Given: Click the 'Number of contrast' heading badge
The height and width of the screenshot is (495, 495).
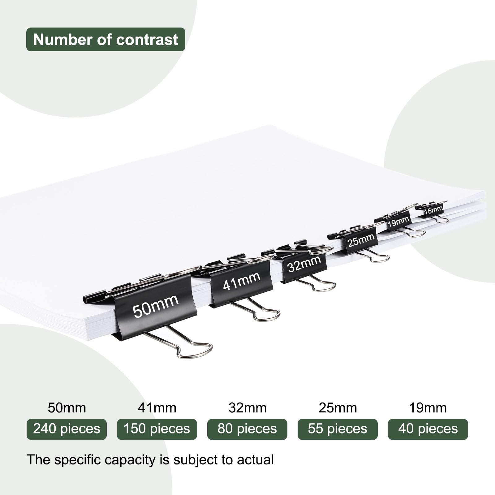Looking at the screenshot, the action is coord(106,39).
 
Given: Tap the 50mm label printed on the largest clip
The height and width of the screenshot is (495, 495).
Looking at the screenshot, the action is coord(156,306).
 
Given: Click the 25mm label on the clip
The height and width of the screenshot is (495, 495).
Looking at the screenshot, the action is coord(361,240).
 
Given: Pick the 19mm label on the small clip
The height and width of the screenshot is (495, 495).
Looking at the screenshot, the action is coord(398,222).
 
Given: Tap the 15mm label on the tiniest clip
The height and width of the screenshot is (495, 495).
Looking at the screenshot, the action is coord(433,211).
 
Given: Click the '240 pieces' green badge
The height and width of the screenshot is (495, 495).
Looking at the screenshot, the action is coord(67,429).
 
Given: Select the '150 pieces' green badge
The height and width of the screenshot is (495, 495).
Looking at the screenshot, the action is coord(157,429).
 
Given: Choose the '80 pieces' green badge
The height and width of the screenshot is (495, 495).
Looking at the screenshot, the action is coord(247,429).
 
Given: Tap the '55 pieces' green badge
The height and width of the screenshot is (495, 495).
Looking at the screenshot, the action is coord(338,429).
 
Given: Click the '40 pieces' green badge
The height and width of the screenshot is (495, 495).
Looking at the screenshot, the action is coord(428,429).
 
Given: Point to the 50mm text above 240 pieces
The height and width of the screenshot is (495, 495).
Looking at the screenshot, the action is coord(67,408).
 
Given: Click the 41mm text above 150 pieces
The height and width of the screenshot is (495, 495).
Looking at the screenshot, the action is coord(157,408).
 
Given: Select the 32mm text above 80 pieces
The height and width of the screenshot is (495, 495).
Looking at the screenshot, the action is coord(247,408).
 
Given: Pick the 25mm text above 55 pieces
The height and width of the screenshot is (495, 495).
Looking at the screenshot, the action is coord(338,408).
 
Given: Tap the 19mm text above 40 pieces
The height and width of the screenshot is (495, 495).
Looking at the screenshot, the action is coord(428,408).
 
